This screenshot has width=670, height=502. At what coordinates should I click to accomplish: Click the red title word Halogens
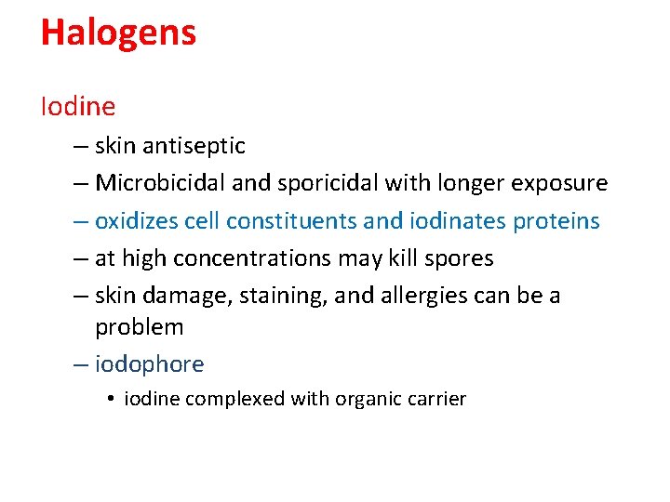pos(118,33)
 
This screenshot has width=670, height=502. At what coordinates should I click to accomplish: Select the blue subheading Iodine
pos(78,107)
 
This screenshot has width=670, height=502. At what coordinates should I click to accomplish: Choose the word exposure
pos(559,183)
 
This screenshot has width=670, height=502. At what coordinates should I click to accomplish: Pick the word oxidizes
pos(136,221)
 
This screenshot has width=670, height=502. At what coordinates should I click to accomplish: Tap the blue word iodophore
pos(149,364)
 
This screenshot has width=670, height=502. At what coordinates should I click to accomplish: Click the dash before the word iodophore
pos(81,364)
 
